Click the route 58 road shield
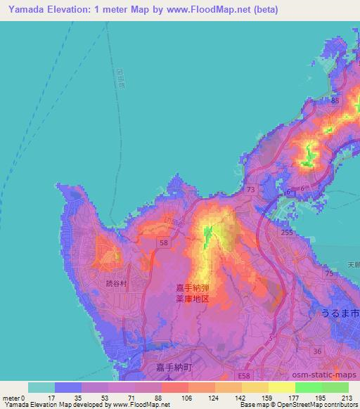pyautogui.click(x=162, y=241)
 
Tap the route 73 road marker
pyautogui.click(x=251, y=189)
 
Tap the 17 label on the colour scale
pyautogui.click(x=50, y=397)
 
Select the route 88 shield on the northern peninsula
pyautogui.click(x=335, y=101)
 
